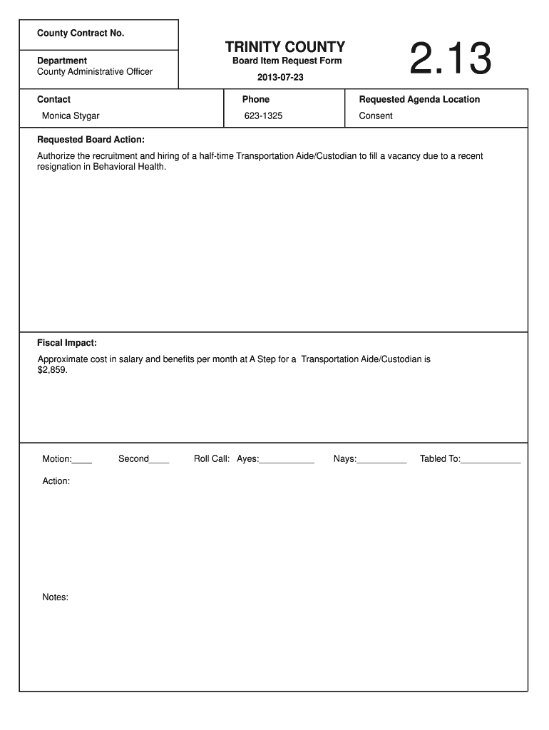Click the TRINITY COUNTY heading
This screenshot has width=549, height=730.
285,47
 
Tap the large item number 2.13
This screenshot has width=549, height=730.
451,60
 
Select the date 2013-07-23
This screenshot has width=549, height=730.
280,77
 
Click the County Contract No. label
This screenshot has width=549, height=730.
81,34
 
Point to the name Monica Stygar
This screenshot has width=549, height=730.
71,115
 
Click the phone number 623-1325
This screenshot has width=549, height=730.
263,115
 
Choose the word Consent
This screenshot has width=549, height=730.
376,115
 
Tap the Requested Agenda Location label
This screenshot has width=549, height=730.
419,99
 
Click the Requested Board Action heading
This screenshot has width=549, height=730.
91,139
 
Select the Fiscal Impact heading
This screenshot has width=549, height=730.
67,342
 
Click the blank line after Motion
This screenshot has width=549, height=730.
82,461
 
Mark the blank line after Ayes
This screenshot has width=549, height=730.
287,461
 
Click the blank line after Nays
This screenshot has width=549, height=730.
381,461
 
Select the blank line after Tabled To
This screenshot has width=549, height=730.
491,461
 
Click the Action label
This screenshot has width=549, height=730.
56,481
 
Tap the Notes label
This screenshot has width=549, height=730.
55,597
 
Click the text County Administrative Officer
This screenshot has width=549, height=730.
95,71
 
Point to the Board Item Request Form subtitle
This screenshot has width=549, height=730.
287,61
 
